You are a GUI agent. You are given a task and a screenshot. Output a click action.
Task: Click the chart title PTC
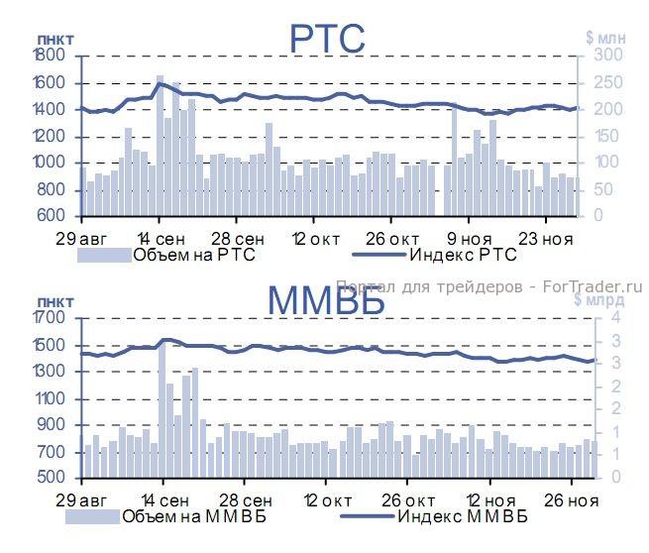tap(327, 40)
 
